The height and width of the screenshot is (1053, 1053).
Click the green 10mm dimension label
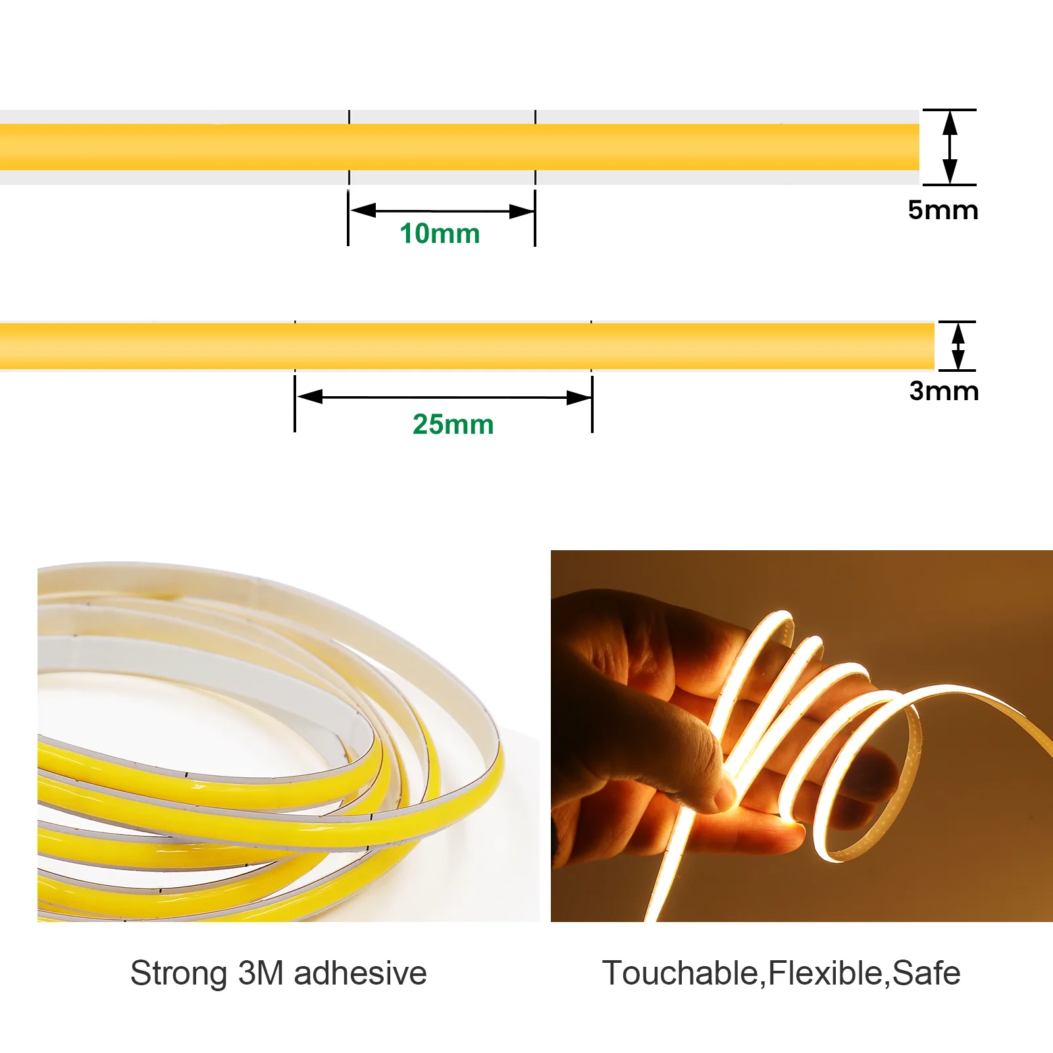tap(440, 234)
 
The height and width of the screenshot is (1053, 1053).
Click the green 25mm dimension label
tap(453, 424)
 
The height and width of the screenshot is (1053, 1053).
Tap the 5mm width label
tap(942, 210)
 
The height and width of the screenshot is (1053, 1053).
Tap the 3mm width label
tap(944, 391)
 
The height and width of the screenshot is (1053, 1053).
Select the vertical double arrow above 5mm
tap(950, 147)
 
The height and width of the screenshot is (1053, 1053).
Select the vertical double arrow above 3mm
tap(958, 346)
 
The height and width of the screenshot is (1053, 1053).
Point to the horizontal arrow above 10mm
tap(442, 211)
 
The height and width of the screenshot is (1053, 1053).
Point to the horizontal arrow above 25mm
tap(444, 398)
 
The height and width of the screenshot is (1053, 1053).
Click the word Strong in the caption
tap(178, 974)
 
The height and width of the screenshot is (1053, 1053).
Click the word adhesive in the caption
tap(360, 973)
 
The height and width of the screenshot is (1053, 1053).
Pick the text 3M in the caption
tap(261, 973)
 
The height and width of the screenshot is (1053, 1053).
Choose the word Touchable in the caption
tap(681, 973)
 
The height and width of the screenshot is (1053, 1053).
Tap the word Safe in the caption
tap(926, 973)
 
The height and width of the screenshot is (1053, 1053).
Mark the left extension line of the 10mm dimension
tap(348, 218)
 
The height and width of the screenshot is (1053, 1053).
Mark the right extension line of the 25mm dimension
tap(592, 401)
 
